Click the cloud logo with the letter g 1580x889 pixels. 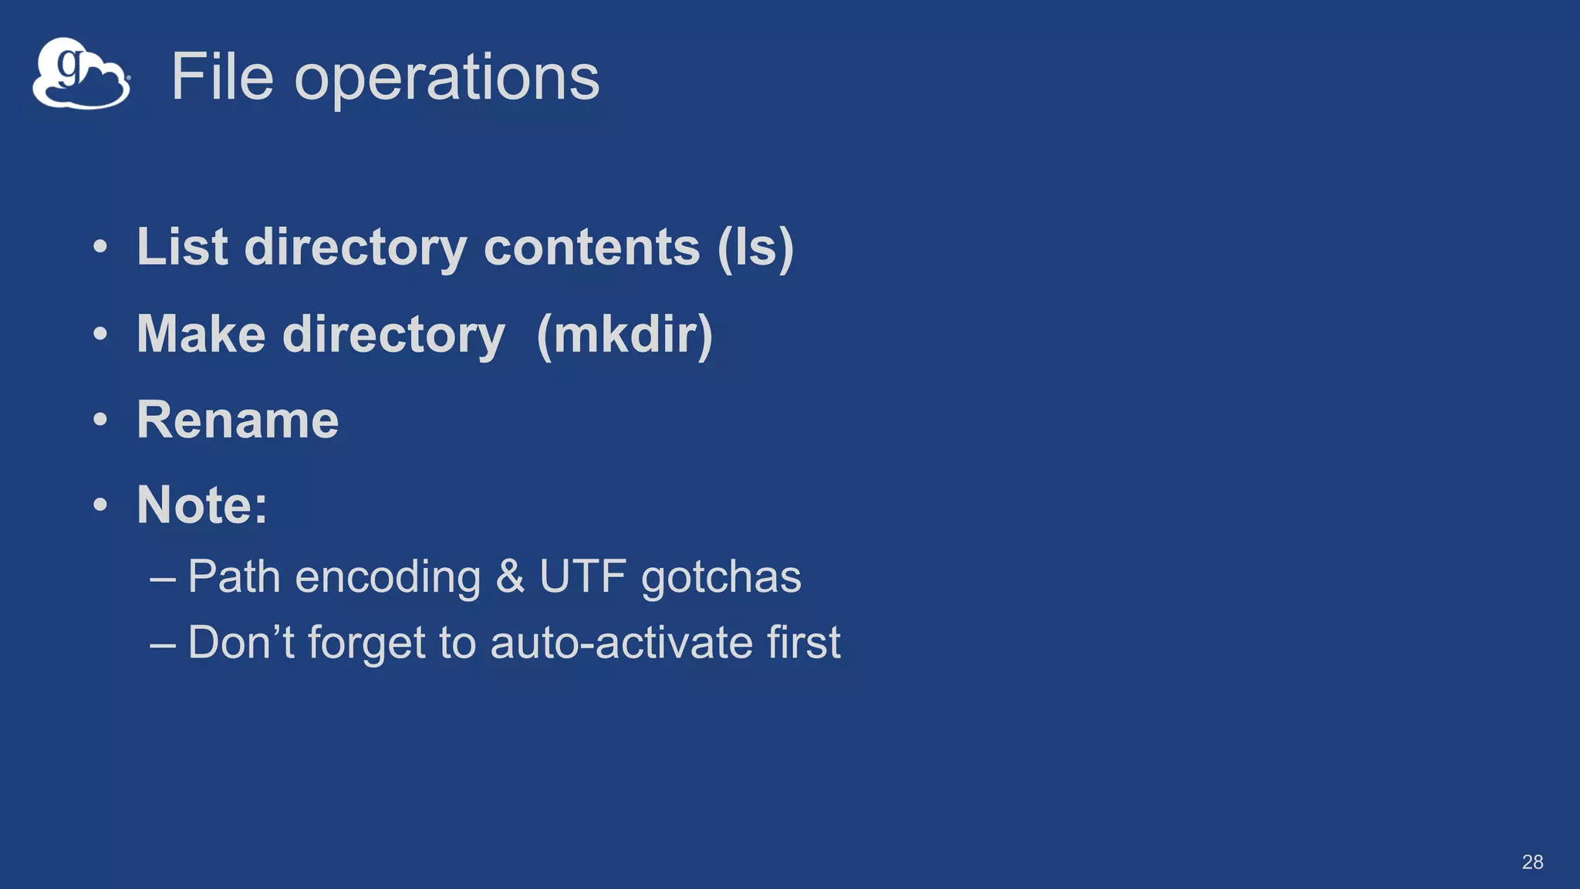81,74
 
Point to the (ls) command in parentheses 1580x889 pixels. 755,248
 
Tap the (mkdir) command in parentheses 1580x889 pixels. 624,335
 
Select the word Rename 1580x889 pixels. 238,420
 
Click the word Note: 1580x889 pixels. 202,505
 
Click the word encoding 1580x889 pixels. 388,578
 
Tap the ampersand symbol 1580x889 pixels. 510,576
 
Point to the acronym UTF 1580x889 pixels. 582,576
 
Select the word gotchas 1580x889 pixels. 721,578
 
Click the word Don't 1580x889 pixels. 241,642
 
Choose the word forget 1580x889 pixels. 366,644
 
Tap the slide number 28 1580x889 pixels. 1532,862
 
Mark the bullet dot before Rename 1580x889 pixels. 100,421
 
